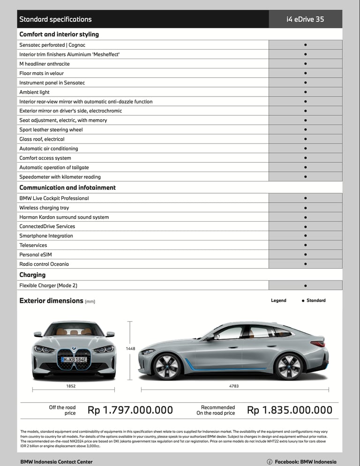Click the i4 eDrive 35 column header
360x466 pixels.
(305, 19)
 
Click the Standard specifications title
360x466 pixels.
(55, 19)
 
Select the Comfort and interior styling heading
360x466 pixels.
(59, 34)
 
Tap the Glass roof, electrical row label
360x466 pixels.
(42, 139)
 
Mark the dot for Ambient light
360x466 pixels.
(305, 92)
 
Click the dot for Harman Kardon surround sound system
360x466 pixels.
(305, 217)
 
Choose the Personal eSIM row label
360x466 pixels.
(36, 255)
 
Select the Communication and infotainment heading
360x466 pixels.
(67, 188)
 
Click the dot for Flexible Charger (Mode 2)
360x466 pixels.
(305, 285)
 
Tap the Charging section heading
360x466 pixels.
(32, 275)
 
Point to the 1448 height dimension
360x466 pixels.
(130, 348)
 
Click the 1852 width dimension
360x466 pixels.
(71, 386)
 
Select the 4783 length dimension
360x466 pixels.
(233, 386)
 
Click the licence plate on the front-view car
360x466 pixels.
(74, 360)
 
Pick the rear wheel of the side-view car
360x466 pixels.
(288, 366)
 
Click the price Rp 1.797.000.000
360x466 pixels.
(130, 410)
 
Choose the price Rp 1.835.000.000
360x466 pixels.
(290, 410)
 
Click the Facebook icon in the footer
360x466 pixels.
(270, 462)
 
